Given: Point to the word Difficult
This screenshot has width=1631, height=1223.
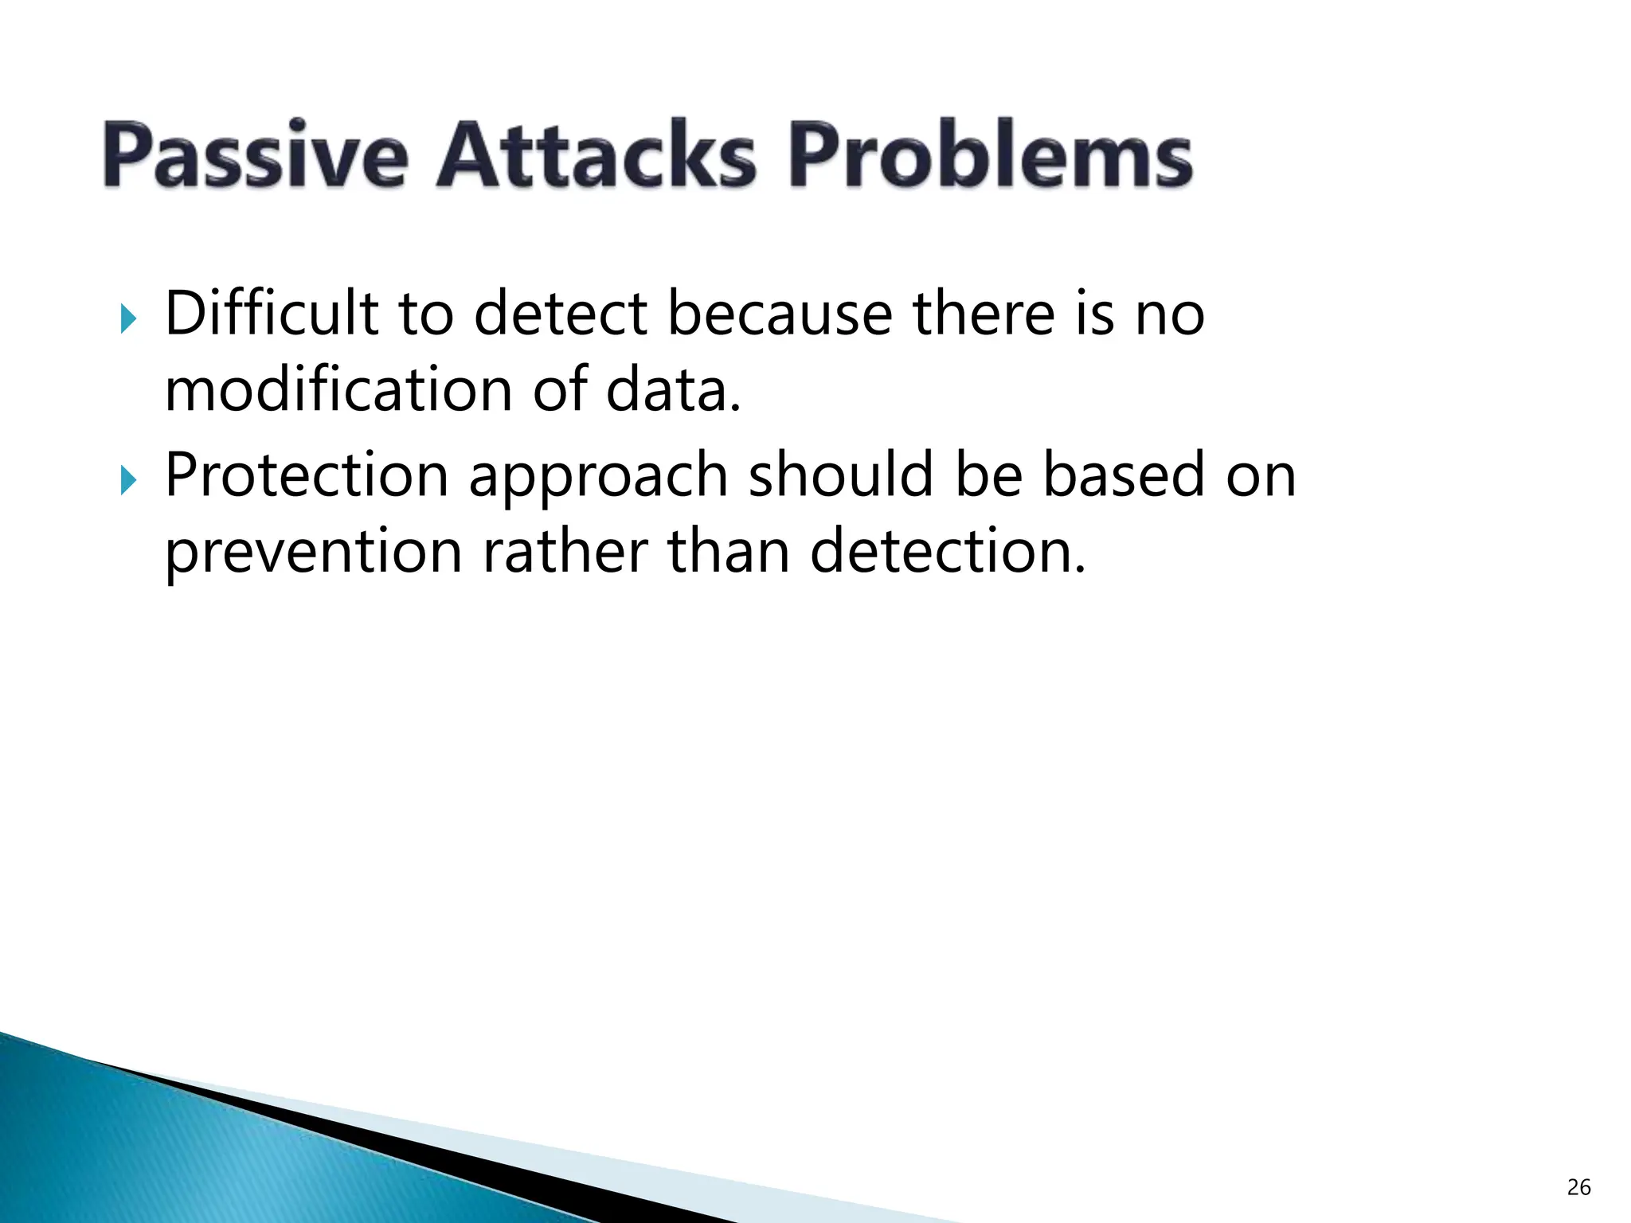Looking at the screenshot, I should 271,314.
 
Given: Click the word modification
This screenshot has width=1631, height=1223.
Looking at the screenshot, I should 338,390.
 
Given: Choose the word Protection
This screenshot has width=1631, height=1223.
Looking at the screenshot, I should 307,475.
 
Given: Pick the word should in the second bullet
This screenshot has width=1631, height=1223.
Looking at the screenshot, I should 840,475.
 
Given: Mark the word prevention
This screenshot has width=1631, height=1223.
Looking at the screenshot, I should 313,552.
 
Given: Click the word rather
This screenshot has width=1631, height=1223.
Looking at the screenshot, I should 565,552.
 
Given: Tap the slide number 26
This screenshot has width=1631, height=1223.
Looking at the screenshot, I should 1578,1187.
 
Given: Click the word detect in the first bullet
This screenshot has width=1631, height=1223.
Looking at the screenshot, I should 561,314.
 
